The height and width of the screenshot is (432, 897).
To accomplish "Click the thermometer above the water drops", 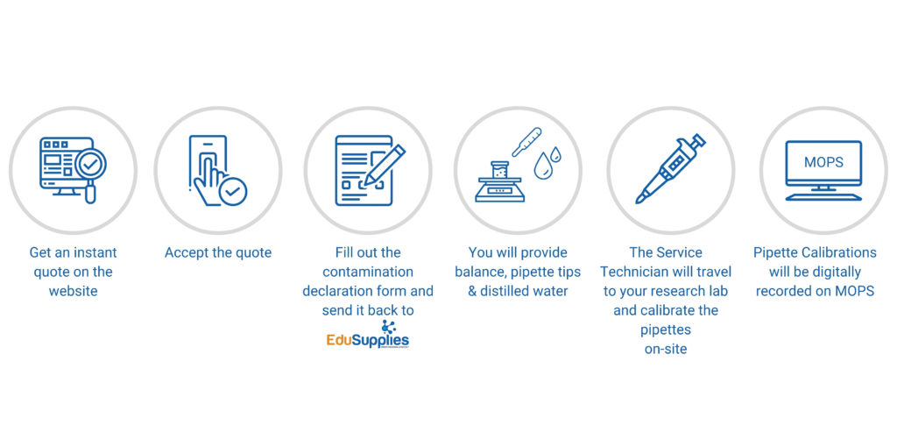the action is pos(526,141).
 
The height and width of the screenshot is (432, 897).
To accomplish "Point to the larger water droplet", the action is pos(541,166).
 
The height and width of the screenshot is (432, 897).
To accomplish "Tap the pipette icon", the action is pos(670,169).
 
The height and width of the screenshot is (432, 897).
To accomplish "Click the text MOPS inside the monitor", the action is pos(823,162).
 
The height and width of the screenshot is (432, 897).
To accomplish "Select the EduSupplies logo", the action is pos(368,336).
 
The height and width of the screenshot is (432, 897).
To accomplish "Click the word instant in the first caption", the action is pos(95,252).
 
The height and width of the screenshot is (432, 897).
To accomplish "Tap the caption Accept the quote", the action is pos(218,252).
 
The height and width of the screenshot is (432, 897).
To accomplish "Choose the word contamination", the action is pos(368,272).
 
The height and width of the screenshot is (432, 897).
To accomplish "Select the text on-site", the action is pos(666,349).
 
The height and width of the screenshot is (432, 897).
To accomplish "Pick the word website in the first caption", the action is pos(74,291).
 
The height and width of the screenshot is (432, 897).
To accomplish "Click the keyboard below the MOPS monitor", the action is pos(823,197).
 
